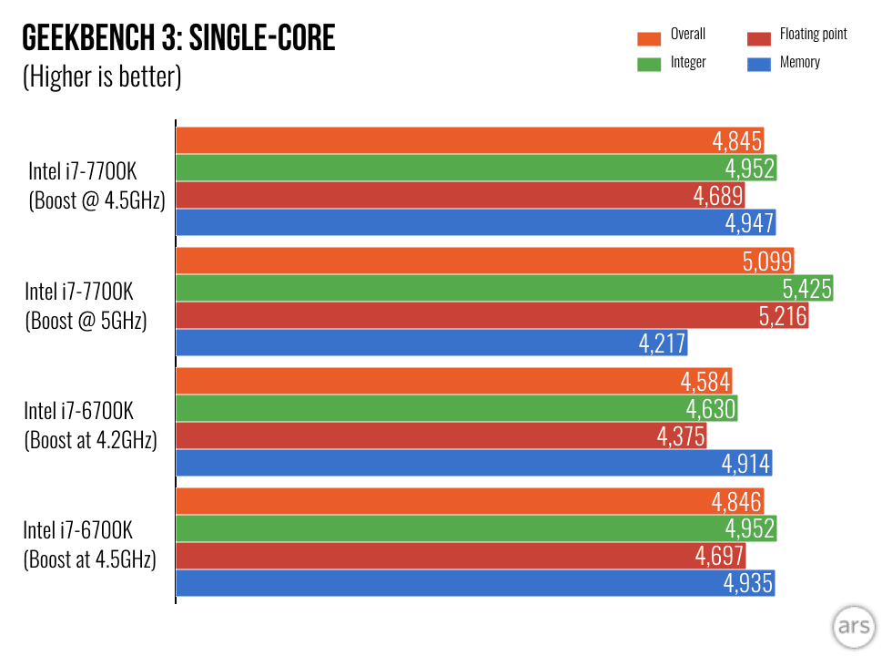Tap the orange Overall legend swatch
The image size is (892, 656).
tap(649, 38)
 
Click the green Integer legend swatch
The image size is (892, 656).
tap(649, 64)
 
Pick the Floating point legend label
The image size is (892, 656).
tap(813, 35)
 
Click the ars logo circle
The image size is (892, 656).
tap(853, 630)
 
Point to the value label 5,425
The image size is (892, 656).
tap(806, 289)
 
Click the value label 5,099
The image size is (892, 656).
tap(767, 261)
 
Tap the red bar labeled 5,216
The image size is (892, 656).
tap(492, 316)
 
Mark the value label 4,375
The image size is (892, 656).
tap(681, 436)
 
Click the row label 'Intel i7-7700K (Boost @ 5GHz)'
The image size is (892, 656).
tap(86, 306)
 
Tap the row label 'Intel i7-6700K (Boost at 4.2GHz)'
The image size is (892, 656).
tap(90, 425)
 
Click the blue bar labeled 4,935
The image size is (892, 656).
tap(473, 584)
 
